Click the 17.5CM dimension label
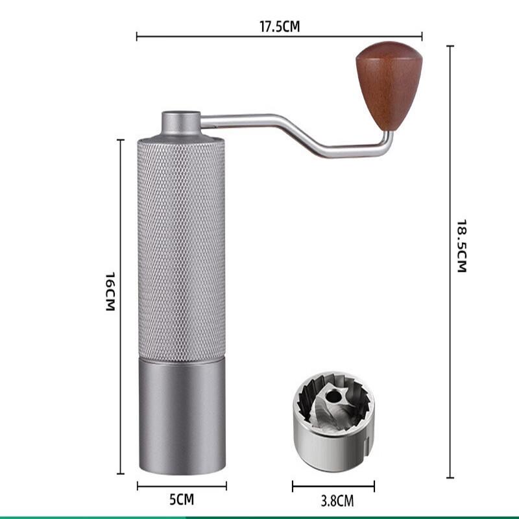coord(279,27)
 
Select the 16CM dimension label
coord(110,291)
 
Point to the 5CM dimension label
coord(182,500)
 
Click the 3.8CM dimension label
coord(333,500)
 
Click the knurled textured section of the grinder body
coord(182,247)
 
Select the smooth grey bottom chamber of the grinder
coord(182,415)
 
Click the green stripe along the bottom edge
coord(259,516)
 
